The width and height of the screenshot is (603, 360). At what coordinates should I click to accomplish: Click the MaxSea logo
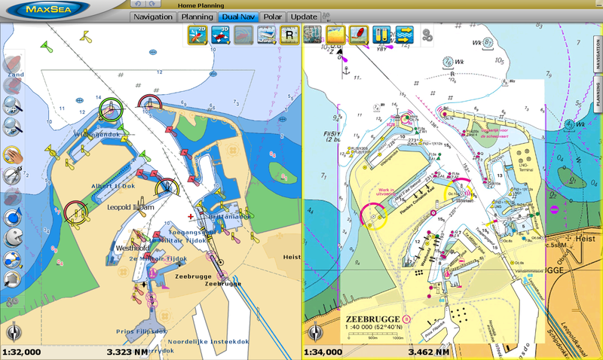tap(47, 10)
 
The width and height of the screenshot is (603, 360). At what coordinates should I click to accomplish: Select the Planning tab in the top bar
tap(196, 17)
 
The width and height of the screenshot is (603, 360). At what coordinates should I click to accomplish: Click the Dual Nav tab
tap(238, 17)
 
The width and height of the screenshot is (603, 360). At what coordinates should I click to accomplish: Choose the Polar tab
tap(273, 17)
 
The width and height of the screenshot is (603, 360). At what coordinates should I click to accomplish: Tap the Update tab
tap(304, 17)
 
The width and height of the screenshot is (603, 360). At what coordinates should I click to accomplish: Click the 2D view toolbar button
tap(198, 34)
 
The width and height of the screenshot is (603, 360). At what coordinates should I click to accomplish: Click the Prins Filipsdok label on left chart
tap(141, 331)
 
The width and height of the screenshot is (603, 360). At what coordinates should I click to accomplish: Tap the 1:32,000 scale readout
tap(22, 351)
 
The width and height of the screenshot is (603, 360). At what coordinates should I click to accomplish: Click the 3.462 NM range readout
tap(428, 351)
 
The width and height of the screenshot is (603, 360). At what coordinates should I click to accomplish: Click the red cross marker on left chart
tap(191, 216)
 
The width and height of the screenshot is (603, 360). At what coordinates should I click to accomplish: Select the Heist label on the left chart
tap(291, 257)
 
